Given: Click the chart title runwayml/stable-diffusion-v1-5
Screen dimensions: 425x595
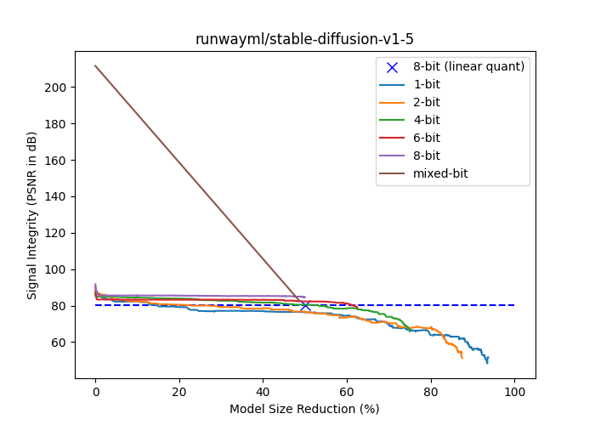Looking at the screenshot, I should pos(304,39).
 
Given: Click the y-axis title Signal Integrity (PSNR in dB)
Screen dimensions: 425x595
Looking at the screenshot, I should pos(32,214).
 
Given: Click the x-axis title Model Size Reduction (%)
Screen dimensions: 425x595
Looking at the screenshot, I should pos(304,409).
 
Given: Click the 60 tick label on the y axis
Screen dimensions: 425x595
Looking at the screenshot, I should pos(70,343).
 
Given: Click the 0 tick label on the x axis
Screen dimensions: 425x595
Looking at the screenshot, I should pos(95,392).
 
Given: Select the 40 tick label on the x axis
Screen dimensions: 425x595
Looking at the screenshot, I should pos(263,392).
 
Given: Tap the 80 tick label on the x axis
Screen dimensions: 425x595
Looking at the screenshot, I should pos(430,392).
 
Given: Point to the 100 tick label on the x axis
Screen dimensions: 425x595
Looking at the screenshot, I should pos(514,392).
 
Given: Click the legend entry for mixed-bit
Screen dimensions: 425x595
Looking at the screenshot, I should pos(443,173).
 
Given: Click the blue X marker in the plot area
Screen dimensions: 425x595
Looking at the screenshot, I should pos(305,305).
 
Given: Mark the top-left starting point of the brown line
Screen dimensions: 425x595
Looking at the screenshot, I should pos(95,65).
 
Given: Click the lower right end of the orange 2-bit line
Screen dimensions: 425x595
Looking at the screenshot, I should pos(462,357).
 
